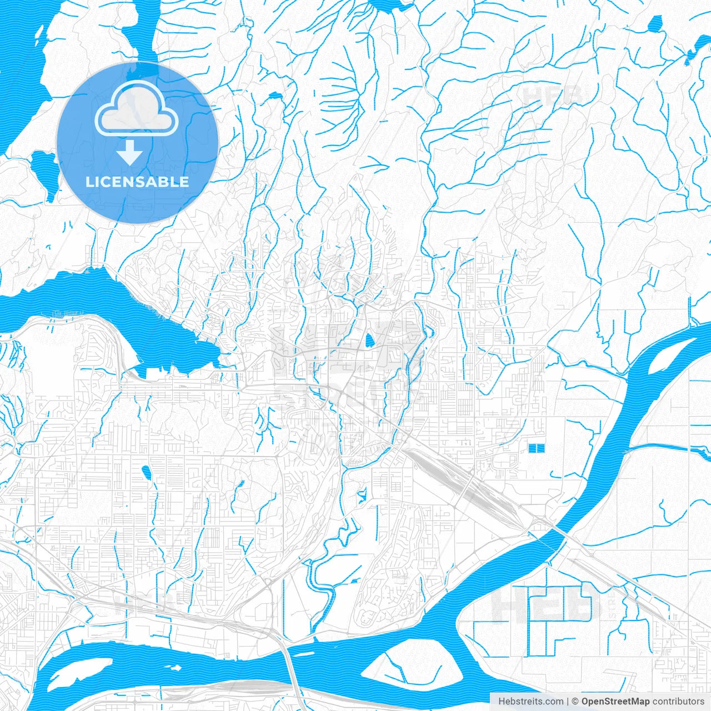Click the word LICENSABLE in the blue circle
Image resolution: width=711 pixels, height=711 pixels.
(x=137, y=182)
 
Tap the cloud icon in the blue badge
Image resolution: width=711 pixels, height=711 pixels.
(x=137, y=109)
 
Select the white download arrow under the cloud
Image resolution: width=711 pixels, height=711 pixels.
(x=129, y=152)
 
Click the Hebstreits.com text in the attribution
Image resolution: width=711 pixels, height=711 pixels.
(x=530, y=702)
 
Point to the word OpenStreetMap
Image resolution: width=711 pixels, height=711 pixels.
(x=615, y=702)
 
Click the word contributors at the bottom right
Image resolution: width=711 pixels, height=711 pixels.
(x=678, y=702)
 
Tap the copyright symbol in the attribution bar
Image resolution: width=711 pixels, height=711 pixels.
(x=575, y=702)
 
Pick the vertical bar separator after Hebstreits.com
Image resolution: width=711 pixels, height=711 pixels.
(x=568, y=702)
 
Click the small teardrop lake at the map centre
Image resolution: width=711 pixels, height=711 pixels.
(x=369, y=341)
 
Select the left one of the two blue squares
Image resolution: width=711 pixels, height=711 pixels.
(x=533, y=448)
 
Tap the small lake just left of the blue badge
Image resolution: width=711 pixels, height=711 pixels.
(x=44, y=169)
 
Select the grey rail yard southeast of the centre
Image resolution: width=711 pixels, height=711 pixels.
(x=472, y=489)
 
